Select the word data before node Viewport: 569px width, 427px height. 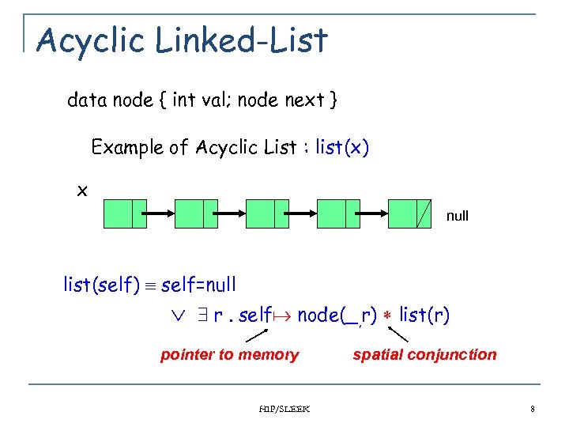[88, 100]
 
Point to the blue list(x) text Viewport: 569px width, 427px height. [341, 148]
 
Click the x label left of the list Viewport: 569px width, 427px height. [82, 191]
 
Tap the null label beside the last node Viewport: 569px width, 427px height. [458, 216]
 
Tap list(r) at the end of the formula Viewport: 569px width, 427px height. [424, 316]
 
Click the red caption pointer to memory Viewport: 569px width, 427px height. [229, 355]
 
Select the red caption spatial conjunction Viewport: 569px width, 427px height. [424, 355]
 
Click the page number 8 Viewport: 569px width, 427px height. [533, 409]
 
